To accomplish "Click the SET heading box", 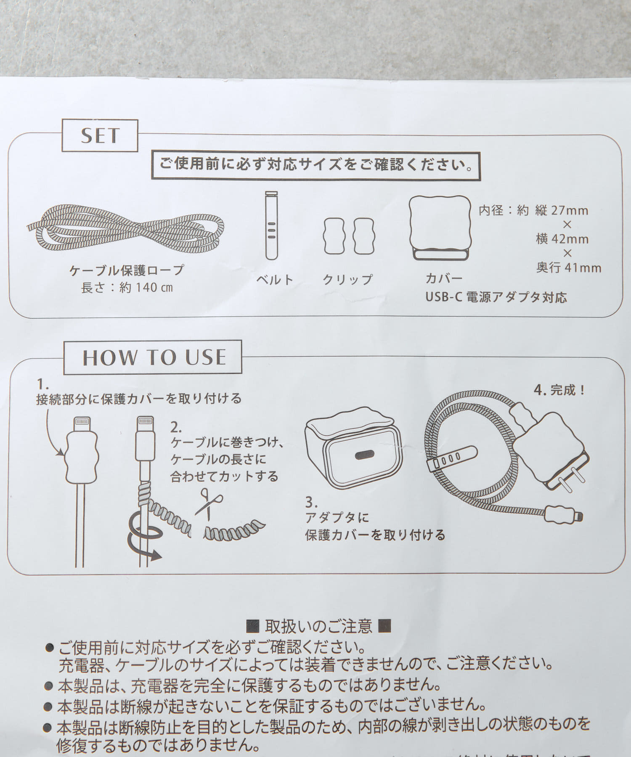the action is coord(100,135).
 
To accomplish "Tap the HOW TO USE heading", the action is coord(154,357).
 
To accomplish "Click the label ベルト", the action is coord(275,279).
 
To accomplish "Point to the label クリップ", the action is coord(347,279).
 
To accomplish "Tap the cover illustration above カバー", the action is coord(440,228).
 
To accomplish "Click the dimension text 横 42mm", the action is coord(562,239).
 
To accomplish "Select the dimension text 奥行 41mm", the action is coord(569,267).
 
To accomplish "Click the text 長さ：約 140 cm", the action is coord(127,288).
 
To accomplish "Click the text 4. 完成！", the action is coord(559,390).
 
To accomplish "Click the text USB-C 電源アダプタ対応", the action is coord(496,297).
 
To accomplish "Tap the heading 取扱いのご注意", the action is coord(318,626).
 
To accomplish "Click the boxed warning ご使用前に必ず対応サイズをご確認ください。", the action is coord(315,164).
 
